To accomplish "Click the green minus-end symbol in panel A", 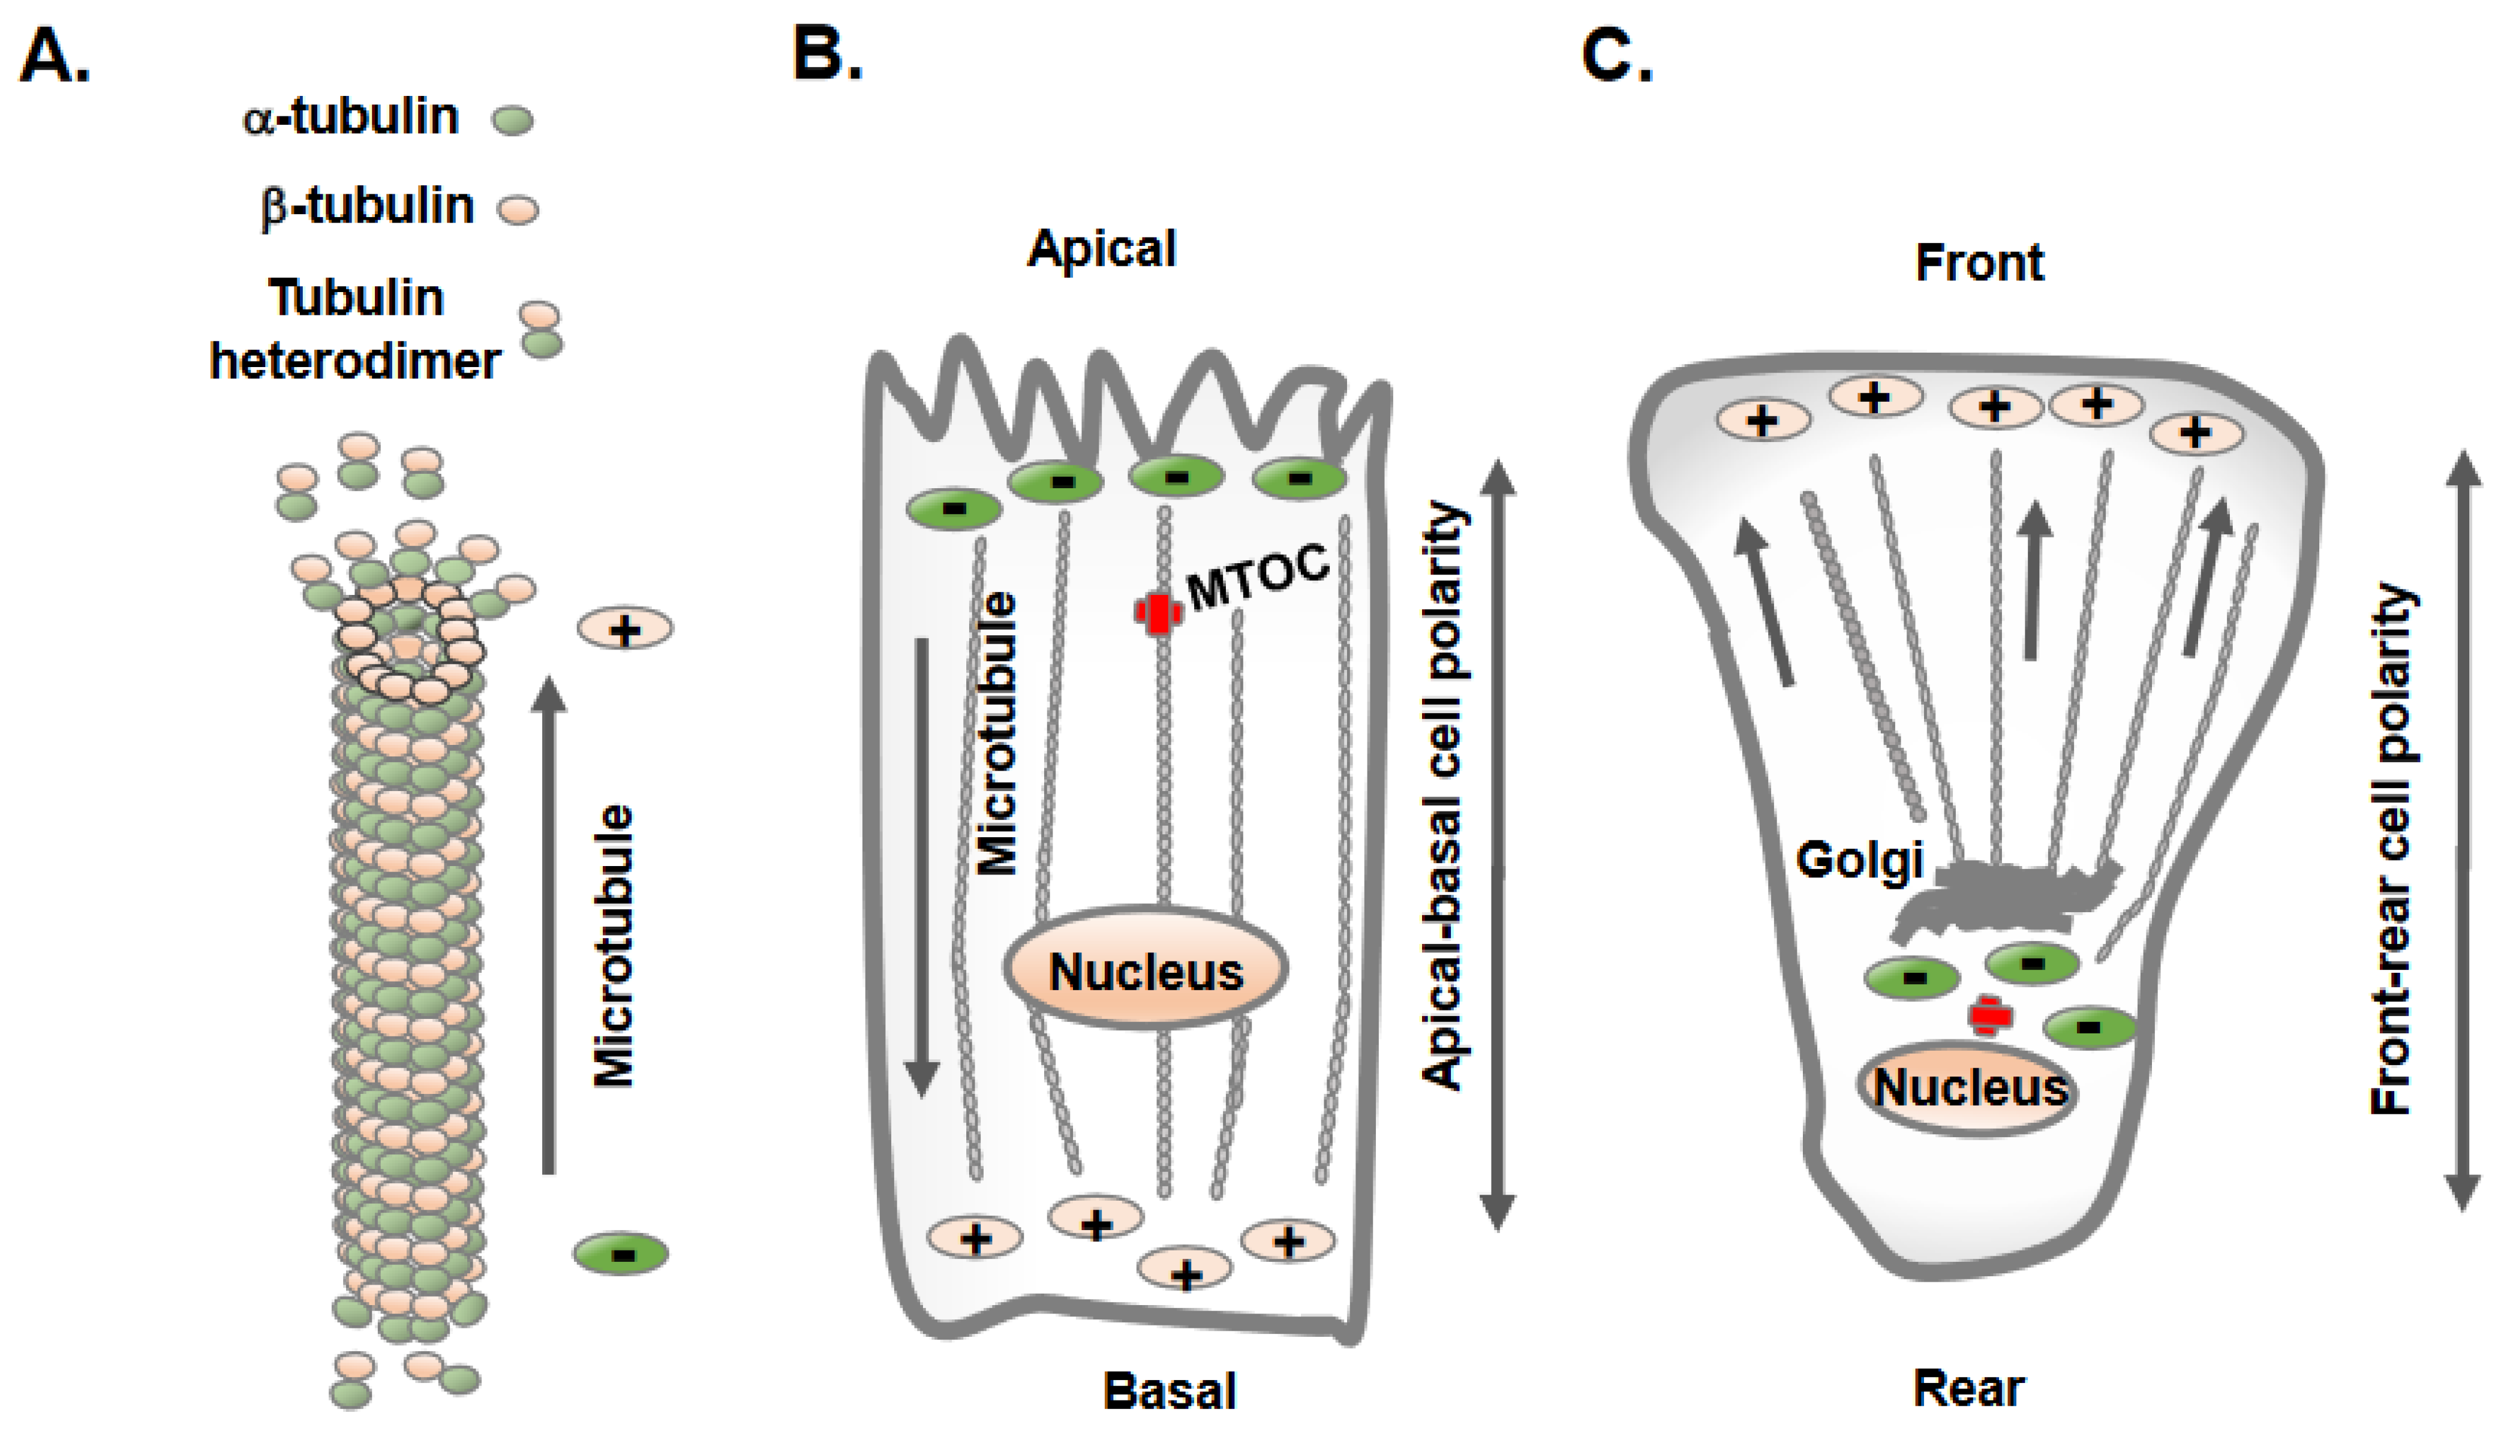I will [x=621, y=1254].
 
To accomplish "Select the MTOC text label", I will [x=1258, y=576].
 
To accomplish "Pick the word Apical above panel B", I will [x=1102, y=249].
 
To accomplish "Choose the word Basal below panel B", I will [x=1170, y=1391].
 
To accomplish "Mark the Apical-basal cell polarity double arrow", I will [x=1496, y=845].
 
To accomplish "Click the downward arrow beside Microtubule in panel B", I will [x=921, y=865].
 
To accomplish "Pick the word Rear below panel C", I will [x=1968, y=1389].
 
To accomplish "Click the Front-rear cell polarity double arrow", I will [x=2463, y=831].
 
